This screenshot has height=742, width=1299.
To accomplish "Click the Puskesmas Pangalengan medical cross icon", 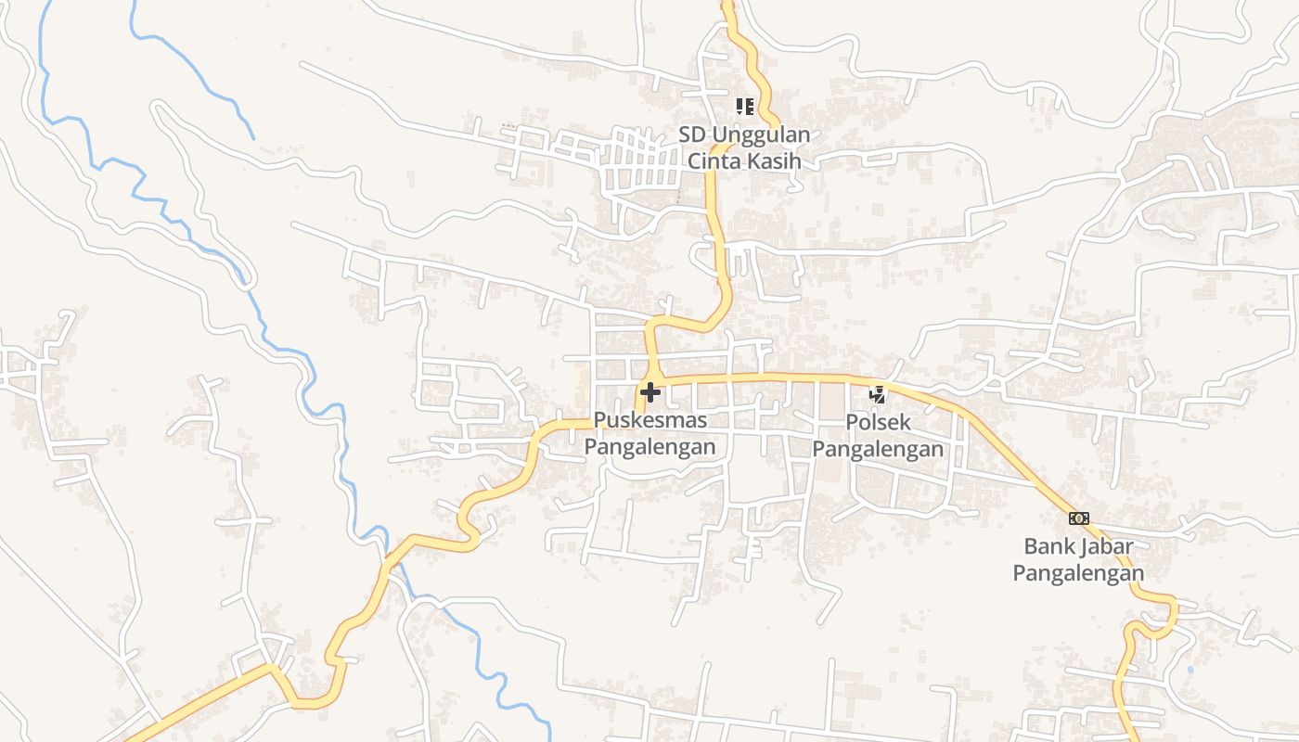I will click(x=650, y=393).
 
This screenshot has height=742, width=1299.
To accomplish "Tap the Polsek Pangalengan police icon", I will click(x=877, y=394).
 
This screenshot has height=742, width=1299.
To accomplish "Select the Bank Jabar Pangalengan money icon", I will click(x=1078, y=518).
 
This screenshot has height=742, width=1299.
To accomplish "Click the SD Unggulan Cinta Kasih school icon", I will click(x=744, y=107).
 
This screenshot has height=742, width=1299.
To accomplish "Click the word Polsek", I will click(x=878, y=422).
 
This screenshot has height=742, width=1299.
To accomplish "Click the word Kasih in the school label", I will click(x=776, y=160).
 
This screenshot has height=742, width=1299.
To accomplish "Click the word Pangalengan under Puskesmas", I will click(x=649, y=447).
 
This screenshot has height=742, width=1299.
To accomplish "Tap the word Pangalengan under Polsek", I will click(x=878, y=450).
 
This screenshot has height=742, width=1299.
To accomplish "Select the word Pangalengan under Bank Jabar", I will click(x=1078, y=573).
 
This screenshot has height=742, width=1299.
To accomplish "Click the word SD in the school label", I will click(x=692, y=134).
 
